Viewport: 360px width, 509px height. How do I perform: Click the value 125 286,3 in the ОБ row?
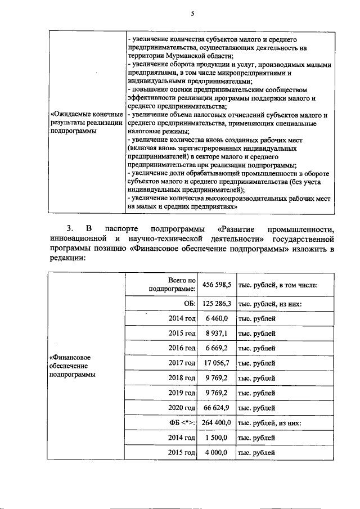tap(217, 304)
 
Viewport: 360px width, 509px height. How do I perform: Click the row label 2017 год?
tap(182, 363)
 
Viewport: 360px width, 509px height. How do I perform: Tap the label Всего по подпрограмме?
tap(172, 285)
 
